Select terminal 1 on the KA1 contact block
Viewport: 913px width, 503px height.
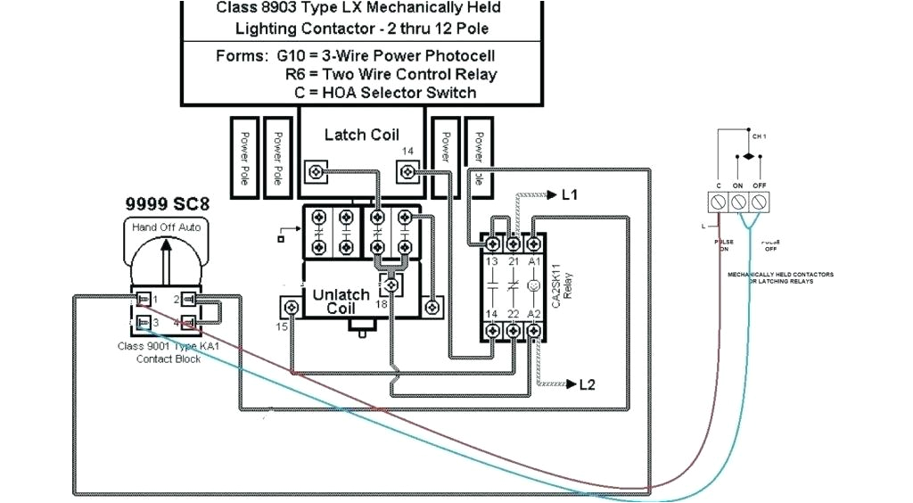pos(142,298)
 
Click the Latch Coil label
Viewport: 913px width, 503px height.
pos(361,135)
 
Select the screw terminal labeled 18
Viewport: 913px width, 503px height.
pos(389,286)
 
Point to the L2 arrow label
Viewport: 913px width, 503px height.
pos(582,384)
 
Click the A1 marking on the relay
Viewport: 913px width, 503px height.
pos(534,261)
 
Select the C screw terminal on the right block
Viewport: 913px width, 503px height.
pos(718,203)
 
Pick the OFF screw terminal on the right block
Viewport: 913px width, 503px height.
pos(761,203)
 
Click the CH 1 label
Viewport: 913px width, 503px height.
pos(759,137)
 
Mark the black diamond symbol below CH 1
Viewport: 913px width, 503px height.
pos(750,156)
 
